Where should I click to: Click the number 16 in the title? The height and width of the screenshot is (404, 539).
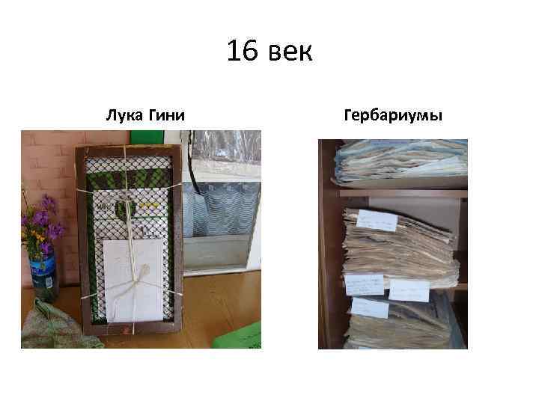(240, 54)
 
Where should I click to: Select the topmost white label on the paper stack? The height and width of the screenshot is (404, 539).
(377, 219)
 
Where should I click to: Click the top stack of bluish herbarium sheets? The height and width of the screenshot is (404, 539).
(397, 161)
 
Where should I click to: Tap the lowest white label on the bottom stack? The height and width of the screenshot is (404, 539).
(370, 307)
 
